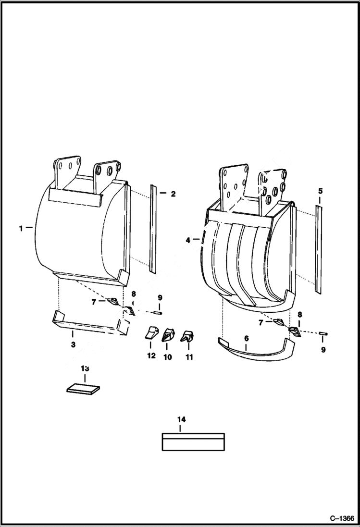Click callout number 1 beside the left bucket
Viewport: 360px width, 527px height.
pyautogui.click(x=21, y=228)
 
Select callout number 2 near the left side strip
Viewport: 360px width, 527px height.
pyautogui.click(x=173, y=194)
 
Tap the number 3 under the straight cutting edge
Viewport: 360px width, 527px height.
pyautogui.click(x=73, y=344)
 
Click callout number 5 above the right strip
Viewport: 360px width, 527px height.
pyautogui.click(x=320, y=191)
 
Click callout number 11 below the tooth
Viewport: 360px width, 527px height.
pyautogui.click(x=189, y=357)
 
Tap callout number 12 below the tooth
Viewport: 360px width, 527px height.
pyautogui.click(x=151, y=356)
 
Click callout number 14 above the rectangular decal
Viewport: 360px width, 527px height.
pyautogui.click(x=181, y=419)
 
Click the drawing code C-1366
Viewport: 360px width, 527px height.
pyautogui.click(x=341, y=518)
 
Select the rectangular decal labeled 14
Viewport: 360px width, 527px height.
pyautogui.click(x=193, y=442)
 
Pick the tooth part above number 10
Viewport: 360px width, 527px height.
pyautogui.click(x=168, y=335)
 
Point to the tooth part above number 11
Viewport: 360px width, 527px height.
pyautogui.click(x=186, y=336)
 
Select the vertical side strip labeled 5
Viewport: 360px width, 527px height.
pyautogui.click(x=318, y=248)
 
